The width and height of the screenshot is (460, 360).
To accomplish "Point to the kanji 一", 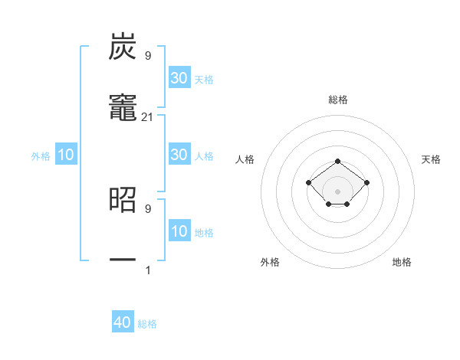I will tap(123, 260).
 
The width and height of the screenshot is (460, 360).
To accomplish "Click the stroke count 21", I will tap(148, 116).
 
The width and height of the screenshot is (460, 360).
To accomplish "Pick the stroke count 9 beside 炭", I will tap(148, 56).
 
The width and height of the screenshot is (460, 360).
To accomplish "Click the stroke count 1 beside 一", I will tap(148, 270).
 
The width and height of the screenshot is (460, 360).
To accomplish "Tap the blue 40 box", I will tap(123, 322).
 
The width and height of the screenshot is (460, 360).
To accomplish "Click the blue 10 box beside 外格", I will tap(66, 155).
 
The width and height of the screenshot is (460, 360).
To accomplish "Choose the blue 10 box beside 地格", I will tap(179, 232).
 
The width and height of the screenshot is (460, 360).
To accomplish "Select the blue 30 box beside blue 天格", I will tap(179, 78).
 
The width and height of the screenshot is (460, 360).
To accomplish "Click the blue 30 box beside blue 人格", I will tap(179, 155).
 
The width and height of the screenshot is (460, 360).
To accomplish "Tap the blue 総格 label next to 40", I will tap(147, 324).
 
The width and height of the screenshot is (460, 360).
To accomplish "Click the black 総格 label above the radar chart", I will tap(338, 100).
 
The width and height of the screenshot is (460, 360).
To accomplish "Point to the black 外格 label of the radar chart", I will tap(270, 262).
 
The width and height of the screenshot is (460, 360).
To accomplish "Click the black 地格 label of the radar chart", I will tap(402, 262).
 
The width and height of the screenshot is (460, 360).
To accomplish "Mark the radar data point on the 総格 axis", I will tap(338, 161).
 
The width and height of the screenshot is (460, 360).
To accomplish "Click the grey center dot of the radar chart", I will tap(338, 191).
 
